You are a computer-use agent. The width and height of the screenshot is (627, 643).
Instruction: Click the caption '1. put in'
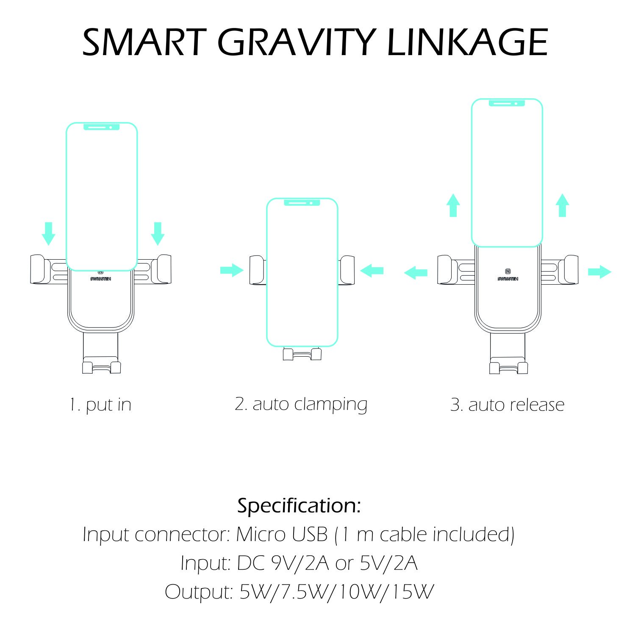(x=100, y=405)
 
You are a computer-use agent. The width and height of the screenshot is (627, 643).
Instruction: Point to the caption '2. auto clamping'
(x=301, y=405)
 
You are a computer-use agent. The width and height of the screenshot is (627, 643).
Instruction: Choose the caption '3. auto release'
(x=507, y=405)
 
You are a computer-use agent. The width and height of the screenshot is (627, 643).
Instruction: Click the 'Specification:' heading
(x=299, y=505)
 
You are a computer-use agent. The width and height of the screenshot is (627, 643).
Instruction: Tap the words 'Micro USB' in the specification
(x=282, y=534)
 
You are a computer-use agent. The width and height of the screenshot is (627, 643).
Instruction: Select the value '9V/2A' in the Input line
(x=300, y=563)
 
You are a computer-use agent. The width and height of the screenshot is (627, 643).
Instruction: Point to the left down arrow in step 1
(x=49, y=233)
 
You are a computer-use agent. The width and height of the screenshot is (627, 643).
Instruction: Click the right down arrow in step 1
(x=158, y=233)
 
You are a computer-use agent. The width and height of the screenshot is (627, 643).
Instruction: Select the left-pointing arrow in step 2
(x=372, y=270)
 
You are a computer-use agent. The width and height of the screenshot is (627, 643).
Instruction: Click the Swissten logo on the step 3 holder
(x=508, y=274)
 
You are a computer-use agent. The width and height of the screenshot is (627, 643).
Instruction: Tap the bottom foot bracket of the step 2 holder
(x=302, y=354)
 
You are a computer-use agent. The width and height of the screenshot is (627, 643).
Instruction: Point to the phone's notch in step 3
(x=507, y=103)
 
